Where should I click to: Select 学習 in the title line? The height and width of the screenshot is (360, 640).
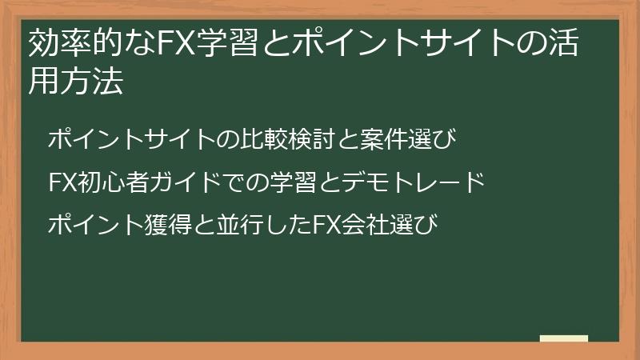click(218, 46)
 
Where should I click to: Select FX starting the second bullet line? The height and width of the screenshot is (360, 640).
click(62, 182)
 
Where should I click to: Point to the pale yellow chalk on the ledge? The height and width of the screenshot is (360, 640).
click(564, 338)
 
